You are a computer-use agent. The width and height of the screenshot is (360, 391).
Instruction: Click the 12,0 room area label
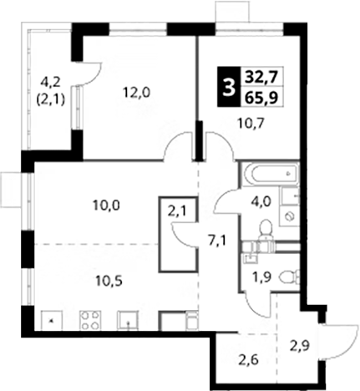click(x=137, y=93)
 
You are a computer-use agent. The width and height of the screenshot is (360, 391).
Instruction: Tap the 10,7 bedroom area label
click(x=250, y=123)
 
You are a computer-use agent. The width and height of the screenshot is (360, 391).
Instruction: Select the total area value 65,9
click(x=261, y=98)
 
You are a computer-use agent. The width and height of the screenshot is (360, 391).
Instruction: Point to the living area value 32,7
click(x=261, y=77)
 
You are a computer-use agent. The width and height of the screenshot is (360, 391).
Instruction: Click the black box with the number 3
click(x=229, y=87)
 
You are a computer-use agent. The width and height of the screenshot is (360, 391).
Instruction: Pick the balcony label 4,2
click(x=48, y=82)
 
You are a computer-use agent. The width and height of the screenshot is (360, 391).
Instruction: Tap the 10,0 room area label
click(x=106, y=206)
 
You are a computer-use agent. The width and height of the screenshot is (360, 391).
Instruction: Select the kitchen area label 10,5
click(x=109, y=282)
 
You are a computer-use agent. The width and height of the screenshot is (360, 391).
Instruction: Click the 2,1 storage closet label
click(x=179, y=211)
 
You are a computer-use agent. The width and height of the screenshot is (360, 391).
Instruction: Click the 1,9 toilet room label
click(x=261, y=278)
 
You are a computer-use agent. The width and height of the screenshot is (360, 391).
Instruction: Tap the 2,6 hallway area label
click(x=249, y=360)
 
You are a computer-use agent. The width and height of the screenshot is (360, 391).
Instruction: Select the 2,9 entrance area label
click(x=299, y=347)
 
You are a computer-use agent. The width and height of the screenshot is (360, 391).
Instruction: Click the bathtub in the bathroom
click(x=271, y=174)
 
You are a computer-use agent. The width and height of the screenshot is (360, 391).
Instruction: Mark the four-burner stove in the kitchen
click(x=90, y=321)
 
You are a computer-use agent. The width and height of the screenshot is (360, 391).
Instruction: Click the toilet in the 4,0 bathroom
click(x=265, y=230)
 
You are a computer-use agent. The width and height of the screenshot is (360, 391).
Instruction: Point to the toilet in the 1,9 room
click(x=289, y=277)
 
